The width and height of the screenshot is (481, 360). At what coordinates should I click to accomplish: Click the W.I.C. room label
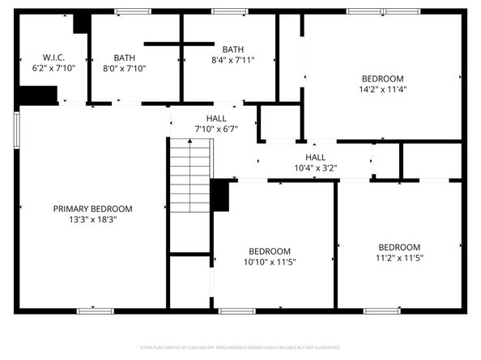tap(53, 57)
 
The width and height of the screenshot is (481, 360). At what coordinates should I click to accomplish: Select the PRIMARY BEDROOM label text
tap(92, 208)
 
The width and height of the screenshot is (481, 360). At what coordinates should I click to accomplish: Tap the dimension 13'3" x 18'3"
tap(92, 219)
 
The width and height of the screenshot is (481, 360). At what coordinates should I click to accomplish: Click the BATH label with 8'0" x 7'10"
tap(125, 57)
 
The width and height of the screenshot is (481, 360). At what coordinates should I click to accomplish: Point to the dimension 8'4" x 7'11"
tap(233, 60)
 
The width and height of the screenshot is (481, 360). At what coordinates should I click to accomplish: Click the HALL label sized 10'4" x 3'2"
tap(315, 157)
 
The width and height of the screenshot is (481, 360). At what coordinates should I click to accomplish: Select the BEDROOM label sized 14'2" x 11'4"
tap(383, 78)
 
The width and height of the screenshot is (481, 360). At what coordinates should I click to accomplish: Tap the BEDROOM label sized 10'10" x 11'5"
tap(270, 251)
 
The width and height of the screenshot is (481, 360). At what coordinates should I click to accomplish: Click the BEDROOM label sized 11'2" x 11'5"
tap(399, 247)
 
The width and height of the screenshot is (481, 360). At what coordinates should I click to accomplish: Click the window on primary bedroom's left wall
tap(16, 129)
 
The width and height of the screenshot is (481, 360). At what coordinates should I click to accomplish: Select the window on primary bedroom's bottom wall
tap(96, 311)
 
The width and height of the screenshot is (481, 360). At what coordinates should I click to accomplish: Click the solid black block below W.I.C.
tap(37, 95)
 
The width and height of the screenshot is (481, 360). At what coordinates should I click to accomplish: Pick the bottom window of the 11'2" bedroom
tap(381, 311)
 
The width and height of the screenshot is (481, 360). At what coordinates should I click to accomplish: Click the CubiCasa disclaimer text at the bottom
tap(240, 347)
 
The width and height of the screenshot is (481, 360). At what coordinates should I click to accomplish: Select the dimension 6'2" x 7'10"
tap(53, 69)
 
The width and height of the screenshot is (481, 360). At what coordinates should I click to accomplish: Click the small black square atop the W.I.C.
tap(81, 23)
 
